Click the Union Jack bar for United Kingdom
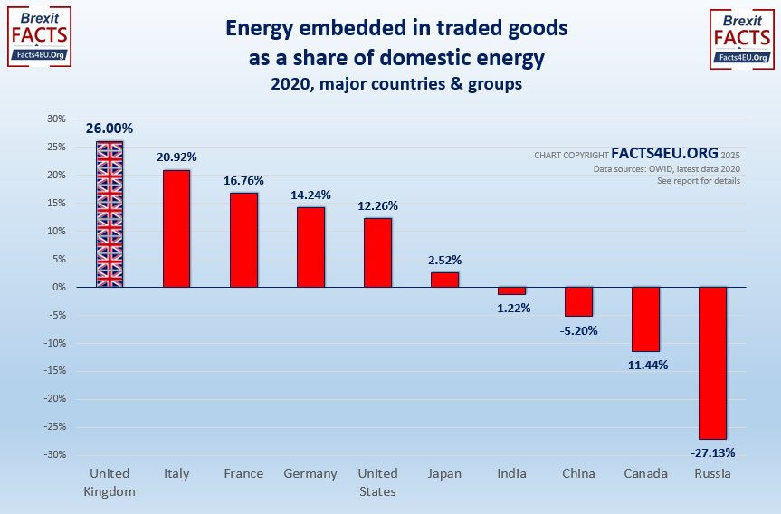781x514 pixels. tap(110, 214)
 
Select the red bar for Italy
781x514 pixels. tap(176, 228)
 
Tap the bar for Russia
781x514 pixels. tap(712, 363)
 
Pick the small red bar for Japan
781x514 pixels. tap(444, 280)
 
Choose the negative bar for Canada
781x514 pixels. tap(645, 319)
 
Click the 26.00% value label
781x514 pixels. tap(110, 128)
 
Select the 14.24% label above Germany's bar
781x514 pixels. tap(310, 194)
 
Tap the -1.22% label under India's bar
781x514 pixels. tap(511, 308)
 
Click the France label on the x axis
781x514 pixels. tap(243, 473)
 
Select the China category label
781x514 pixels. tap(578, 473)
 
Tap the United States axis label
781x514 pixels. tap(377, 482)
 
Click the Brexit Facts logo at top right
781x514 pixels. tap(740, 37)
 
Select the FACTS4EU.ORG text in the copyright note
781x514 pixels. tap(664, 154)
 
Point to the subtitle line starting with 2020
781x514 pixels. tap(395, 85)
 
